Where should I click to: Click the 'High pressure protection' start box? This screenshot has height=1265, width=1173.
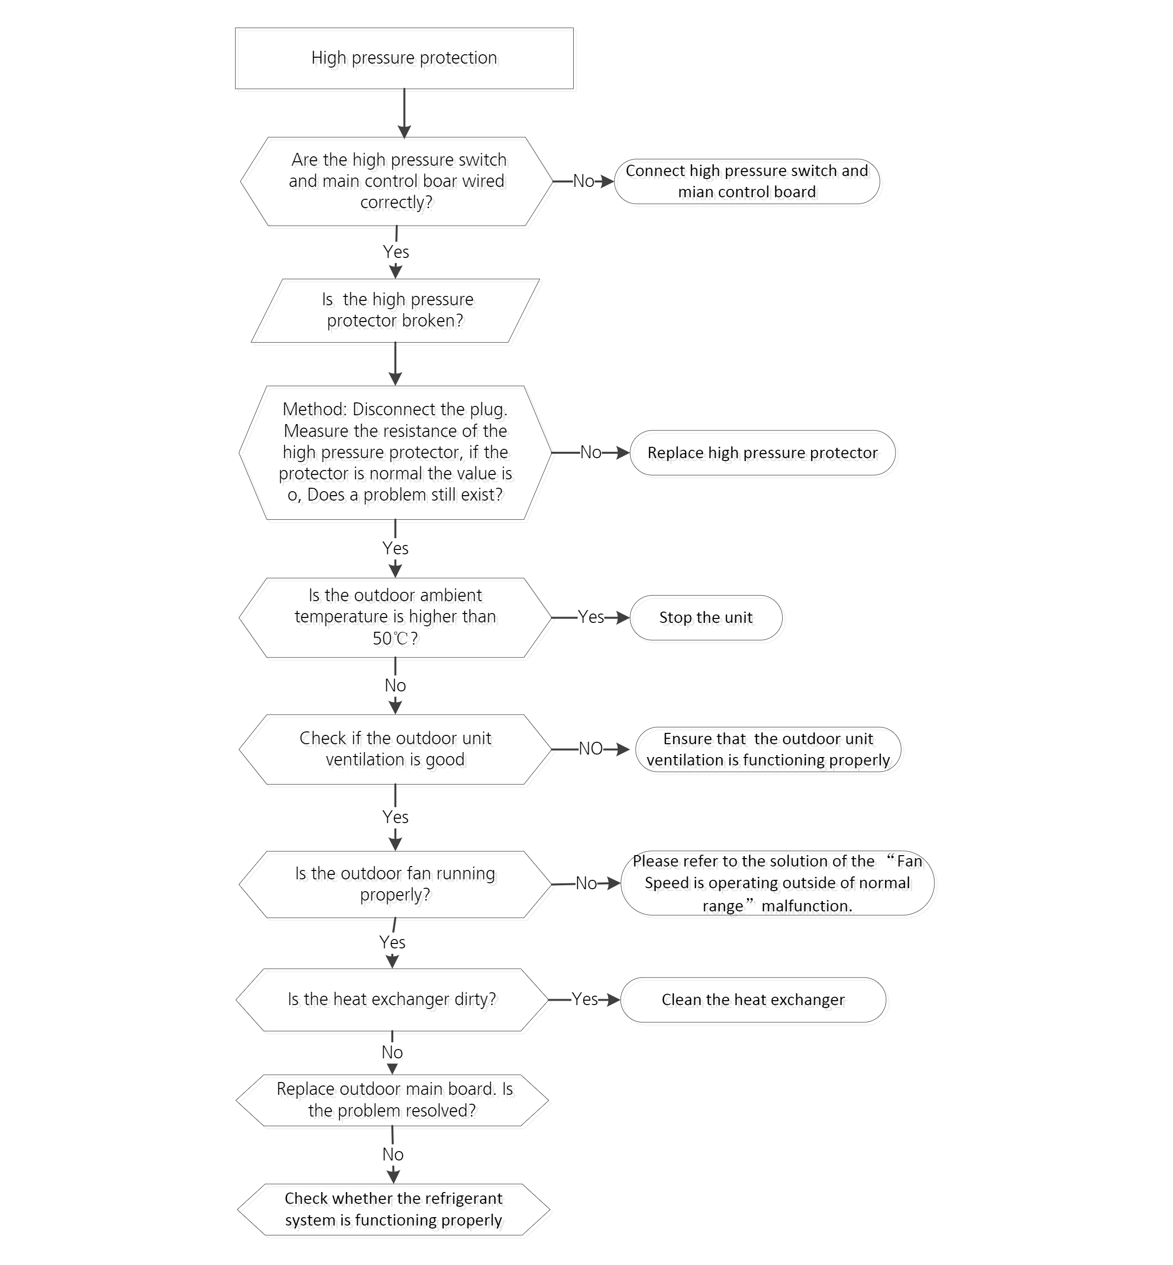tap(404, 58)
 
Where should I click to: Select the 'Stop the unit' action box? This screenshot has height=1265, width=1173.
tap(706, 617)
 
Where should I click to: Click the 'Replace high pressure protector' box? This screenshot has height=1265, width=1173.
tap(762, 453)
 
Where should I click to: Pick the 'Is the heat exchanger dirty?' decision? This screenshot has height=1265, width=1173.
tap(392, 1000)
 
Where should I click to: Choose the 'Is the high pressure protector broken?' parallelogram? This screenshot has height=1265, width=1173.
tap(395, 311)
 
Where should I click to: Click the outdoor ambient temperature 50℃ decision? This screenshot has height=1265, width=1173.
tap(395, 617)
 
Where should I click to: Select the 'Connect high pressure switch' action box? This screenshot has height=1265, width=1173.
tap(747, 181)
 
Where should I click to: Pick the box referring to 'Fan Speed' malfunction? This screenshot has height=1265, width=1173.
tap(778, 883)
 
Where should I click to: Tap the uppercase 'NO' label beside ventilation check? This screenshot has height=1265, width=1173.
tap(591, 749)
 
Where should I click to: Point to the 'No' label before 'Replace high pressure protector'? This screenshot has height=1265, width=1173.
tap(591, 452)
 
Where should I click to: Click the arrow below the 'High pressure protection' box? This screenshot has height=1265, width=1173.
tap(404, 113)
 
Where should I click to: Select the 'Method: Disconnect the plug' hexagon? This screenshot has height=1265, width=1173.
tap(395, 453)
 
